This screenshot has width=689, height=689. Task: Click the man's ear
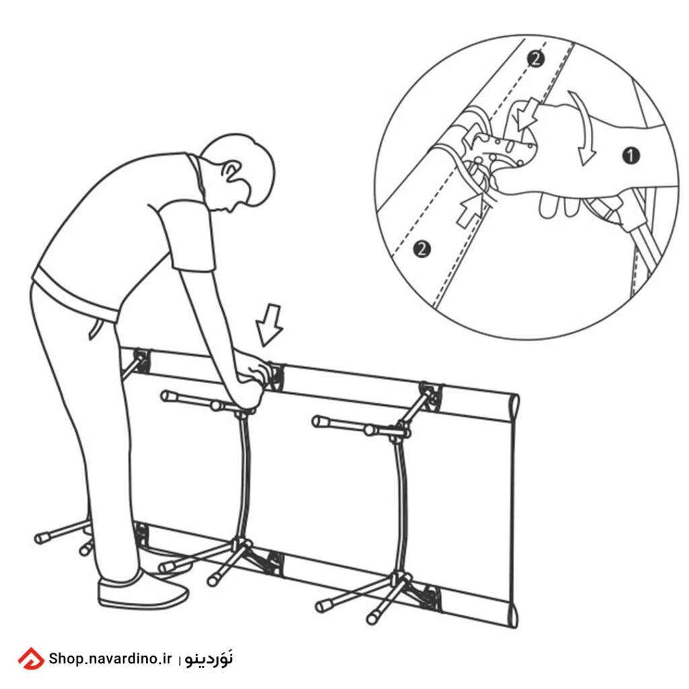pyautogui.click(x=231, y=172)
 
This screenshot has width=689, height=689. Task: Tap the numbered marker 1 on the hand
pyautogui.click(x=631, y=155)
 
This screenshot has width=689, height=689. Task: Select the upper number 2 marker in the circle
pyautogui.click(x=535, y=59)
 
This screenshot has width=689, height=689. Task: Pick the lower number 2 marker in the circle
pyautogui.click(x=422, y=249)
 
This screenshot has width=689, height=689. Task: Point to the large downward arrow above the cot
pyautogui.click(x=269, y=325)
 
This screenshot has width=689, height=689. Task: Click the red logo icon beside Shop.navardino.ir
pyautogui.click(x=31, y=658)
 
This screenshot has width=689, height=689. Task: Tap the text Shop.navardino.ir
pyautogui.click(x=110, y=658)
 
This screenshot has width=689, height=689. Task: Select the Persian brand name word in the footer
pyautogui.click(x=209, y=658)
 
